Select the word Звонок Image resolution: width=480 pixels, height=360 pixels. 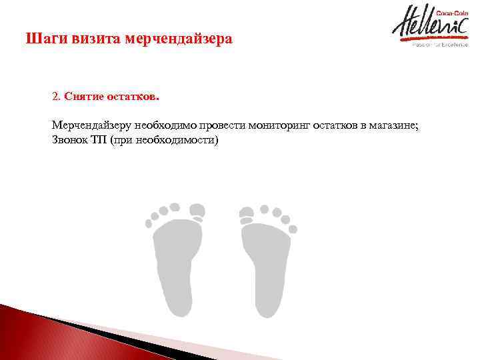pos(69,141)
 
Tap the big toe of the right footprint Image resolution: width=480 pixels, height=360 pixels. pos(246,213)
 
